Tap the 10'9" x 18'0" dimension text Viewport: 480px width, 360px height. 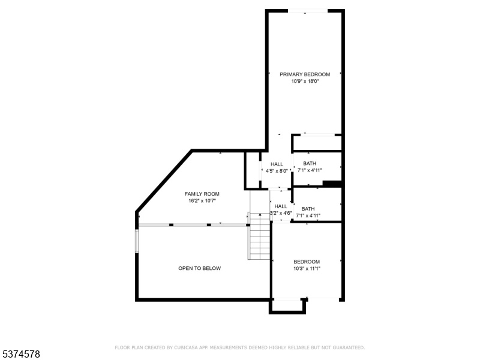pos(305,82)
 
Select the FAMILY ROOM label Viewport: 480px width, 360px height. pos(202,194)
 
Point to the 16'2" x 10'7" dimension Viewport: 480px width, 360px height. pos(202,201)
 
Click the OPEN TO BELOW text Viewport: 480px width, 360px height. pos(200,268)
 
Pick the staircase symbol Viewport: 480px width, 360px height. pos(260,236)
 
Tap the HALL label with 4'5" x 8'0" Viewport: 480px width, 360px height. pos(277,164)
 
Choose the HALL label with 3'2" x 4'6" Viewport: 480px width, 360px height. pos(281,206)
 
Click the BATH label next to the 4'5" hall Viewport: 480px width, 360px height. pos(310,163)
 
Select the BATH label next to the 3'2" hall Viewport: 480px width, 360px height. pos(308,209)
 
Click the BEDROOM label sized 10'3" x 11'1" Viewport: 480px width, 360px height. pos(307,262)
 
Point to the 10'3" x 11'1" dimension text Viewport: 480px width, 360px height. pos(307,269)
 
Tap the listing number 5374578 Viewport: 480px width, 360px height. pos(20,354)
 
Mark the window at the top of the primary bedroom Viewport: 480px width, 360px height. pos(308,11)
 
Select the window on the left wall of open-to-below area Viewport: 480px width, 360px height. pos(137,241)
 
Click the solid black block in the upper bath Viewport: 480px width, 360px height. pos(332,184)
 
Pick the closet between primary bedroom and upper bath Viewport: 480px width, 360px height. pos(317,143)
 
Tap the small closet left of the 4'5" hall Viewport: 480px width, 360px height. pos(253,170)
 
